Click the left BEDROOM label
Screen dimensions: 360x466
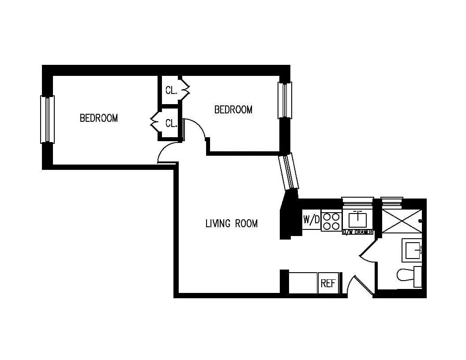[x=98, y=118]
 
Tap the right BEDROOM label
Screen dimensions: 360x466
[x=233, y=109]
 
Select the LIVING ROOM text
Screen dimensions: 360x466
[x=231, y=224]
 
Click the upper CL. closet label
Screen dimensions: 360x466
[x=171, y=90]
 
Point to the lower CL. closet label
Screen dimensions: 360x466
[x=171, y=124]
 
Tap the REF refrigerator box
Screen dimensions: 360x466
[x=328, y=283]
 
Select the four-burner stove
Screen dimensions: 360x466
[x=331, y=221]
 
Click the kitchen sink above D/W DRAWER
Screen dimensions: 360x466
[x=358, y=219]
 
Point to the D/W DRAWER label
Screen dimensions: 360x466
[x=358, y=232]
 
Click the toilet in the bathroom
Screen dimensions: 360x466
[x=408, y=276]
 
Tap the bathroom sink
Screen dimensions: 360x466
[x=413, y=250]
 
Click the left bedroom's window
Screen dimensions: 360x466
[x=47, y=119]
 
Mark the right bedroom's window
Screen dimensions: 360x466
[x=285, y=100]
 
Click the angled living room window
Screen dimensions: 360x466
[x=289, y=171]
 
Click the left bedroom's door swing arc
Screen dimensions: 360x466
[x=167, y=154]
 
